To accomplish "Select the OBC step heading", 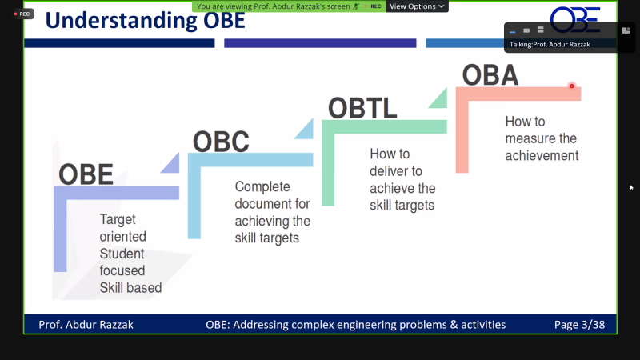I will tap(221, 142).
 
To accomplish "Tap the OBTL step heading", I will tap(362, 107).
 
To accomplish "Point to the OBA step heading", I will tap(490, 74).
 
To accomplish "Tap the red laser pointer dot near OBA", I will tap(571, 86).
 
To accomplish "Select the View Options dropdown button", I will tap(417, 6).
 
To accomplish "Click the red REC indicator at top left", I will tap(22, 14).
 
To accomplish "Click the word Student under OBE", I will tap(122, 253).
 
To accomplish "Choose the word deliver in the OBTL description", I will tap(387, 170).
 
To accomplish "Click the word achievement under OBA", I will tap(541, 156).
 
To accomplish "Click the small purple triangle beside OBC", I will tap(170, 163).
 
